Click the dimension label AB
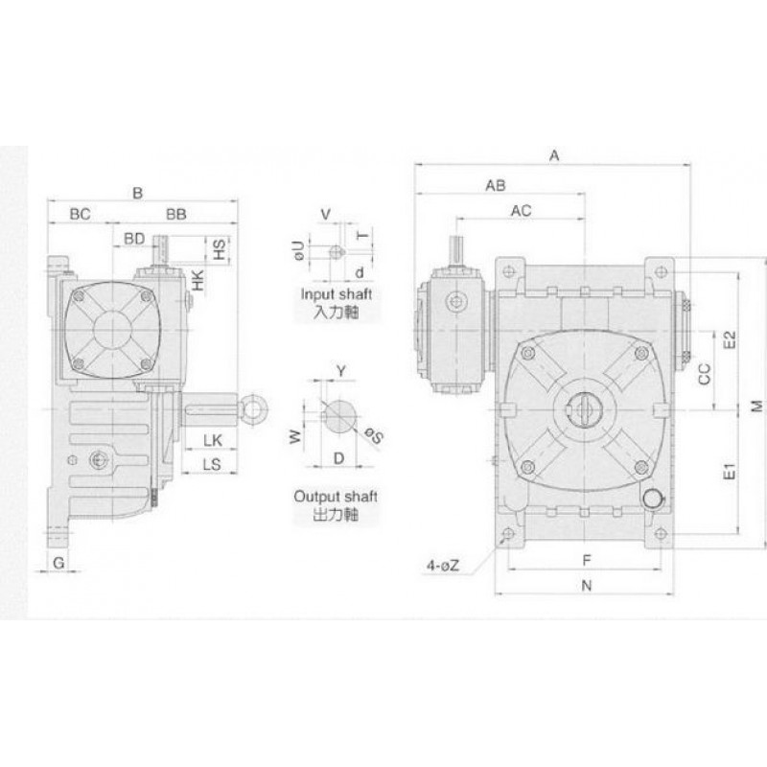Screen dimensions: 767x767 click(x=496, y=186)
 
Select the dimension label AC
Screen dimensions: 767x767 click(x=521, y=211)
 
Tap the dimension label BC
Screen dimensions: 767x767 click(x=80, y=214)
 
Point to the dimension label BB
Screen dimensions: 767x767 click(x=176, y=214)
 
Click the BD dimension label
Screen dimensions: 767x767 click(x=134, y=239)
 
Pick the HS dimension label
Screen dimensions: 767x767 click(x=221, y=249)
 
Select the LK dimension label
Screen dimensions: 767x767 click(x=213, y=440)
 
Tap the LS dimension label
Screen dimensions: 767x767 click(x=212, y=464)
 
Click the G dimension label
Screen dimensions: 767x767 click(x=58, y=563)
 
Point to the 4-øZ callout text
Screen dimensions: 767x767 click(x=443, y=566)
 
